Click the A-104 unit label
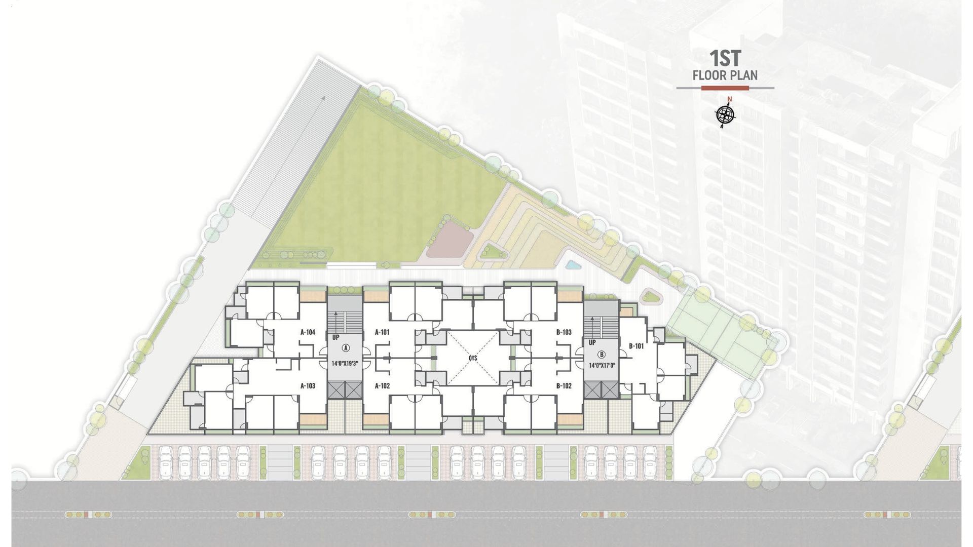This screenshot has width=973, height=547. (308, 332)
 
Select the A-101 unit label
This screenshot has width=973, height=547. (382, 332)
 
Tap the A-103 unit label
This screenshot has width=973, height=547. (308, 385)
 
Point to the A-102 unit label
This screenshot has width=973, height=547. (382, 385)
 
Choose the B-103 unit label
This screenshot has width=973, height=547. (564, 332)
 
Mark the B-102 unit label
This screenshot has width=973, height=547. (564, 385)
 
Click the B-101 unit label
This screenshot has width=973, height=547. (637, 346)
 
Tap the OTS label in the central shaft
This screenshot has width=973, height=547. (473, 358)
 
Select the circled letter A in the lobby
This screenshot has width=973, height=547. (346, 348)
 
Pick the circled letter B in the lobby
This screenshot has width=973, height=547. (602, 355)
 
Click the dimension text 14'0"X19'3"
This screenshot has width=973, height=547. (345, 363)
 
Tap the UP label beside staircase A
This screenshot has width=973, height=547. (335, 337)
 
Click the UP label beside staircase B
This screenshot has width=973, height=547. (592, 343)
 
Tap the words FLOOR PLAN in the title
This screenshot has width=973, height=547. (725, 75)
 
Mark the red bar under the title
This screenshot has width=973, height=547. (725, 88)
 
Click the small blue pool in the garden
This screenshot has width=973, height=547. (572, 264)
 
